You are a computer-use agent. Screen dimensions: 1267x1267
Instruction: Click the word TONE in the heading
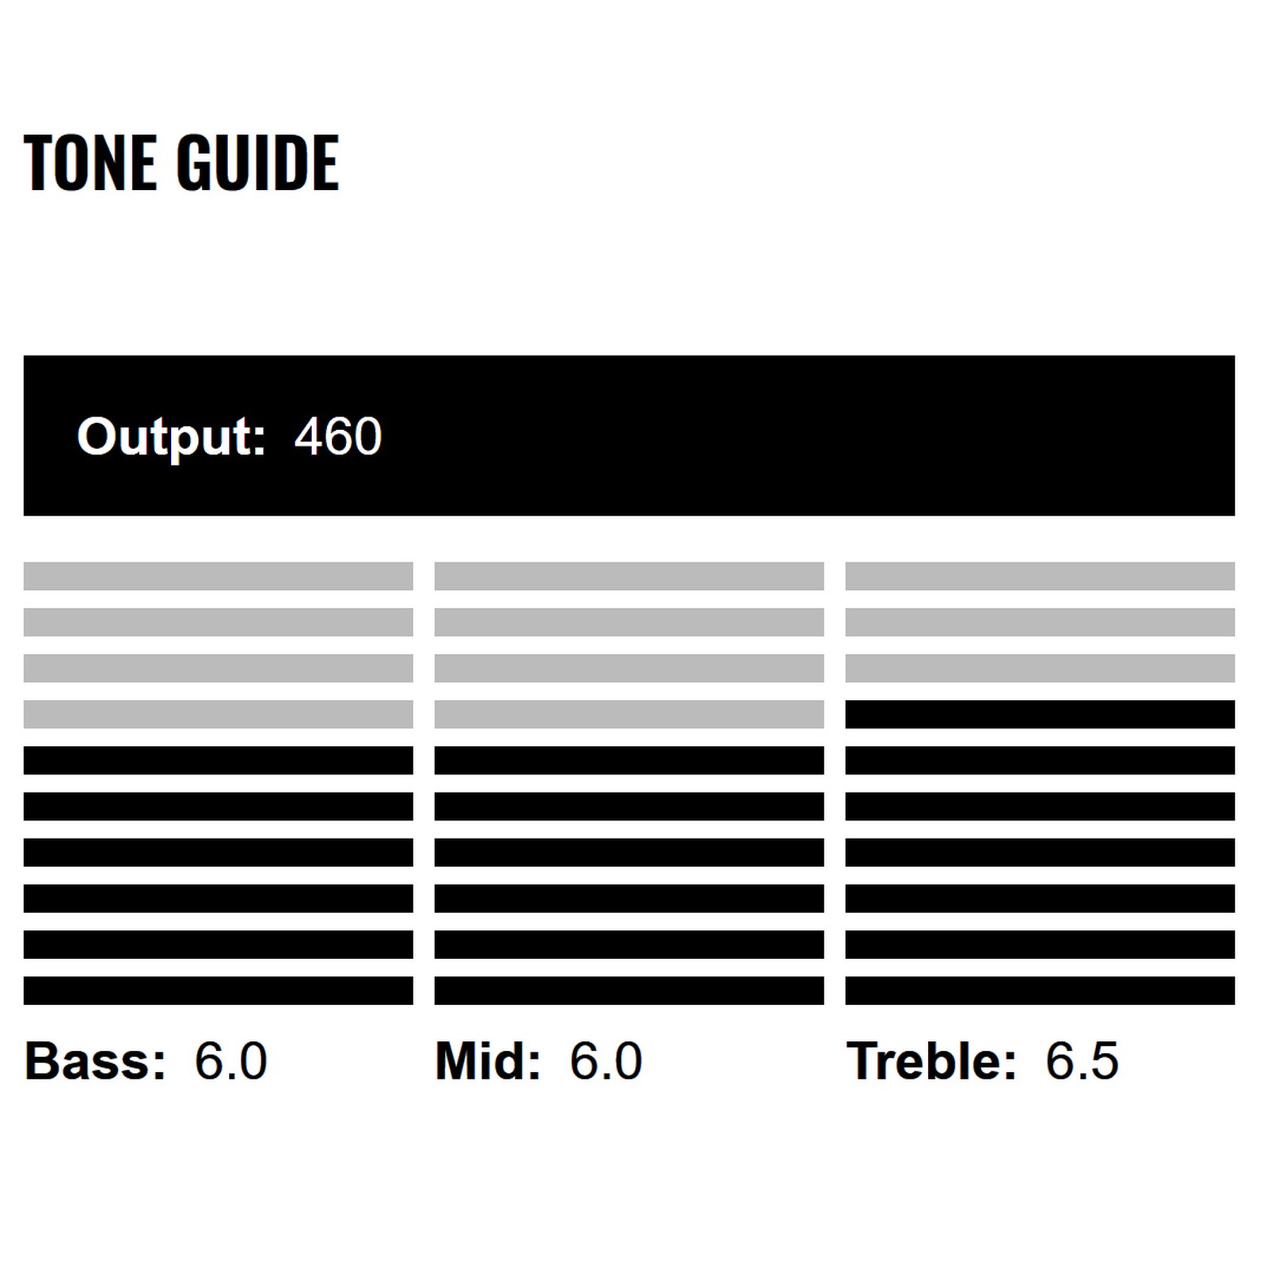click(x=89, y=163)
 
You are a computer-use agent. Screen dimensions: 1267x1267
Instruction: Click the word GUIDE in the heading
click(x=258, y=163)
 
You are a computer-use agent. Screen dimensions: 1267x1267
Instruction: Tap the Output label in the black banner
click(x=171, y=438)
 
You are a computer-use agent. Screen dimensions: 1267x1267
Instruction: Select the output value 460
click(x=338, y=436)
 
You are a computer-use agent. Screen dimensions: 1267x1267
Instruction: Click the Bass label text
click(x=96, y=1060)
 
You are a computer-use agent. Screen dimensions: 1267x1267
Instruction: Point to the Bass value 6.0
click(x=231, y=1061)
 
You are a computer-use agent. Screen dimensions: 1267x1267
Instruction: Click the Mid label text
click(x=488, y=1060)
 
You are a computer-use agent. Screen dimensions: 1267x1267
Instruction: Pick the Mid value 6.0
click(x=606, y=1061)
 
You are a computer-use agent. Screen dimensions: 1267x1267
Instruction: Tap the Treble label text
click(x=931, y=1060)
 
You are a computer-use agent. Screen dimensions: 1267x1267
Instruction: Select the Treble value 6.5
click(x=1082, y=1061)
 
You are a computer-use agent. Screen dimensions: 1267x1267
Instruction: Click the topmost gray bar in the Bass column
click(x=219, y=576)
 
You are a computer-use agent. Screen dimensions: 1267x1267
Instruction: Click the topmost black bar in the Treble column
click(x=1041, y=714)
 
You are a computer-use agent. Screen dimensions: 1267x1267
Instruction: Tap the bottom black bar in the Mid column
click(x=630, y=991)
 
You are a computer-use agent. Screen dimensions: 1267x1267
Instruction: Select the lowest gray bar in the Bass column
click(x=219, y=714)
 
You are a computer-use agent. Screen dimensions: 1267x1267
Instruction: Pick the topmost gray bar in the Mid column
click(x=630, y=576)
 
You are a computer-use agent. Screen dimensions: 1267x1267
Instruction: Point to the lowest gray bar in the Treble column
click(x=1041, y=668)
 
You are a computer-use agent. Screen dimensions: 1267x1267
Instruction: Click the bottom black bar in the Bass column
click(x=219, y=991)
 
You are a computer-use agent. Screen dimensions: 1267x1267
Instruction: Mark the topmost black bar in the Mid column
click(x=630, y=760)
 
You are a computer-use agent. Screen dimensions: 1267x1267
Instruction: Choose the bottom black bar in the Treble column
click(x=1041, y=991)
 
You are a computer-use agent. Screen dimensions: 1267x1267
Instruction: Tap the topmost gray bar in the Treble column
click(x=1041, y=576)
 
